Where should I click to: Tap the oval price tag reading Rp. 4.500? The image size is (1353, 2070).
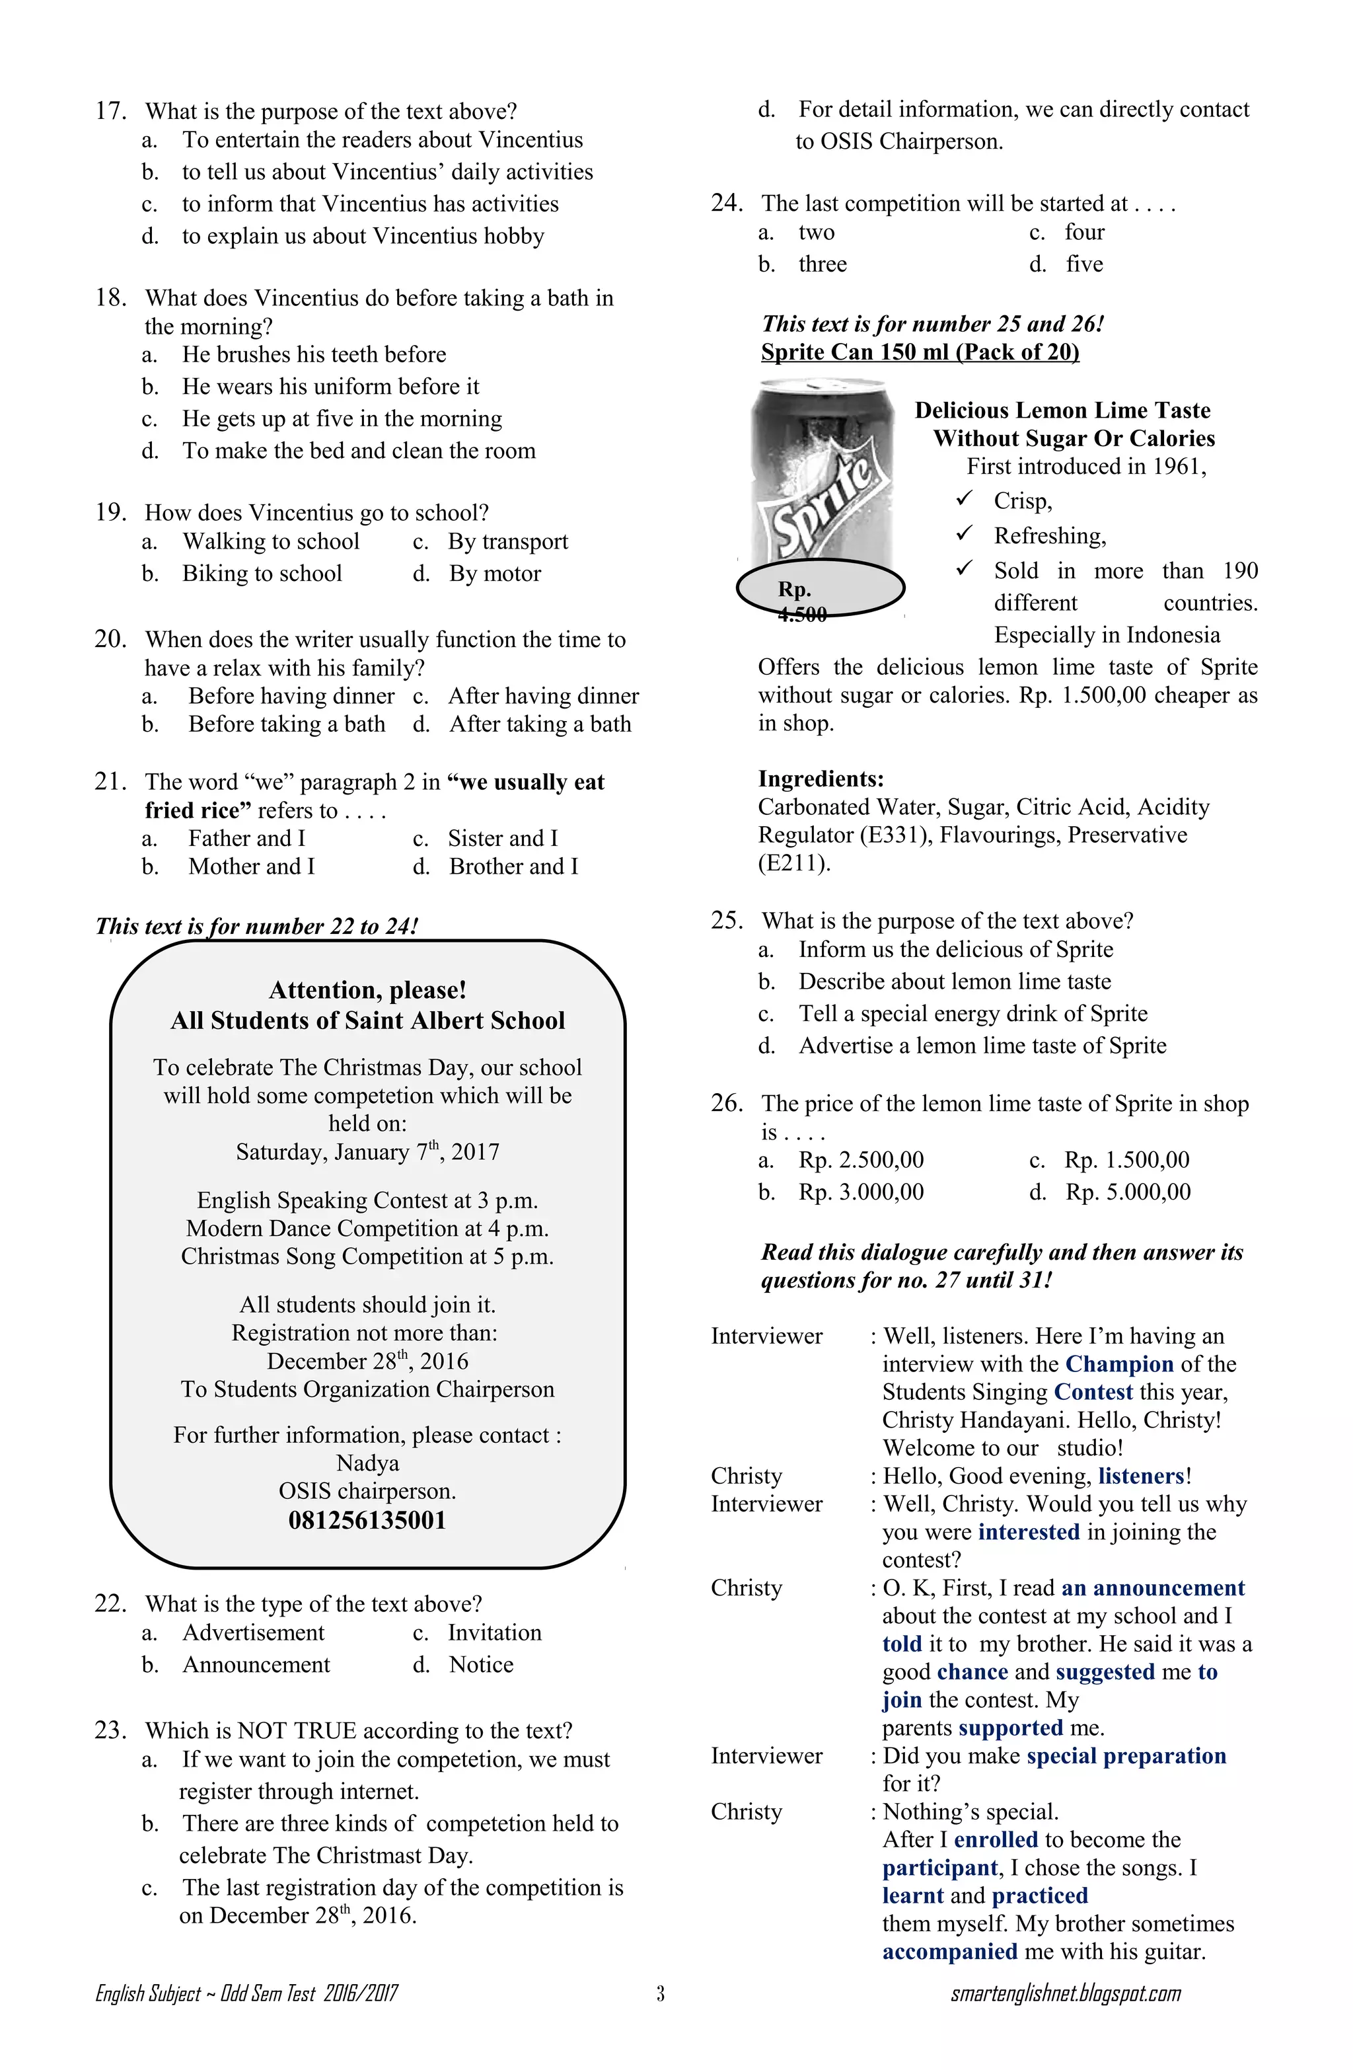(820, 589)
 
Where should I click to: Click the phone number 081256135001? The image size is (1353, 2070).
(367, 1519)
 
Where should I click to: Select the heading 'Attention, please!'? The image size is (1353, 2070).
(367, 990)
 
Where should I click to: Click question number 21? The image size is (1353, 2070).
(110, 781)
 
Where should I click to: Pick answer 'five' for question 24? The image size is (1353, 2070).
(1083, 264)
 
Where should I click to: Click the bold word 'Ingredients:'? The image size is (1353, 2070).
(820, 779)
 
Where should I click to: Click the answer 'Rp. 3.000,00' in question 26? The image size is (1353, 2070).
(861, 1192)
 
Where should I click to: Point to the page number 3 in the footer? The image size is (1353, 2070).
(660, 1993)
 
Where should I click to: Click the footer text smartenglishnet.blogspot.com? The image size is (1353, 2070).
(1065, 1993)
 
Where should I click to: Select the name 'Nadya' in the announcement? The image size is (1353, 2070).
(367, 1463)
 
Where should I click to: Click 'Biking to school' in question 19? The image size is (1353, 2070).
(262, 573)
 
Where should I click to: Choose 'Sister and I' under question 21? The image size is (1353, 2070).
(503, 837)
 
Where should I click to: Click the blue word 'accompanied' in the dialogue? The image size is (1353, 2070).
(949, 1952)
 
